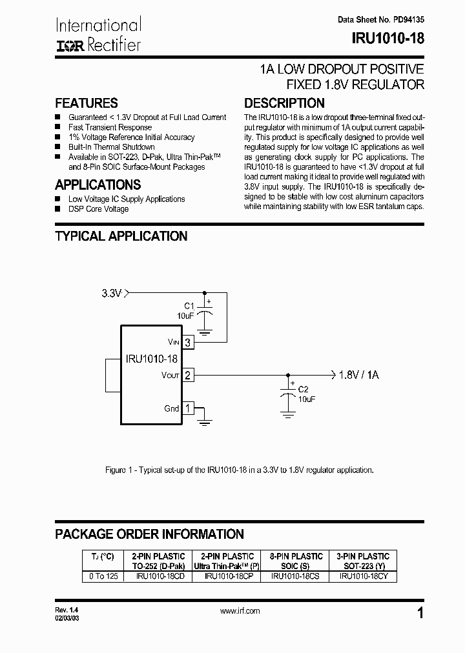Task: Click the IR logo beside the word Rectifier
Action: [x=69, y=45]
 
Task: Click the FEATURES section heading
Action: [x=87, y=103]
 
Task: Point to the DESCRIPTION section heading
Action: [x=284, y=103]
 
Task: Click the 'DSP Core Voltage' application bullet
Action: [x=98, y=209]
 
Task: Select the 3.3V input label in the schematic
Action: [x=111, y=294]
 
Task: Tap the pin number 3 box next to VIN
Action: [x=188, y=343]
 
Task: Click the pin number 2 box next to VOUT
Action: [x=188, y=375]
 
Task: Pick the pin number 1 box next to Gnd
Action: [x=188, y=408]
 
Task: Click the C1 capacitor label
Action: [x=189, y=305]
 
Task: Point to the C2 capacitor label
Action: [x=304, y=390]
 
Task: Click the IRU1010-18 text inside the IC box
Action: [x=152, y=359]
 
